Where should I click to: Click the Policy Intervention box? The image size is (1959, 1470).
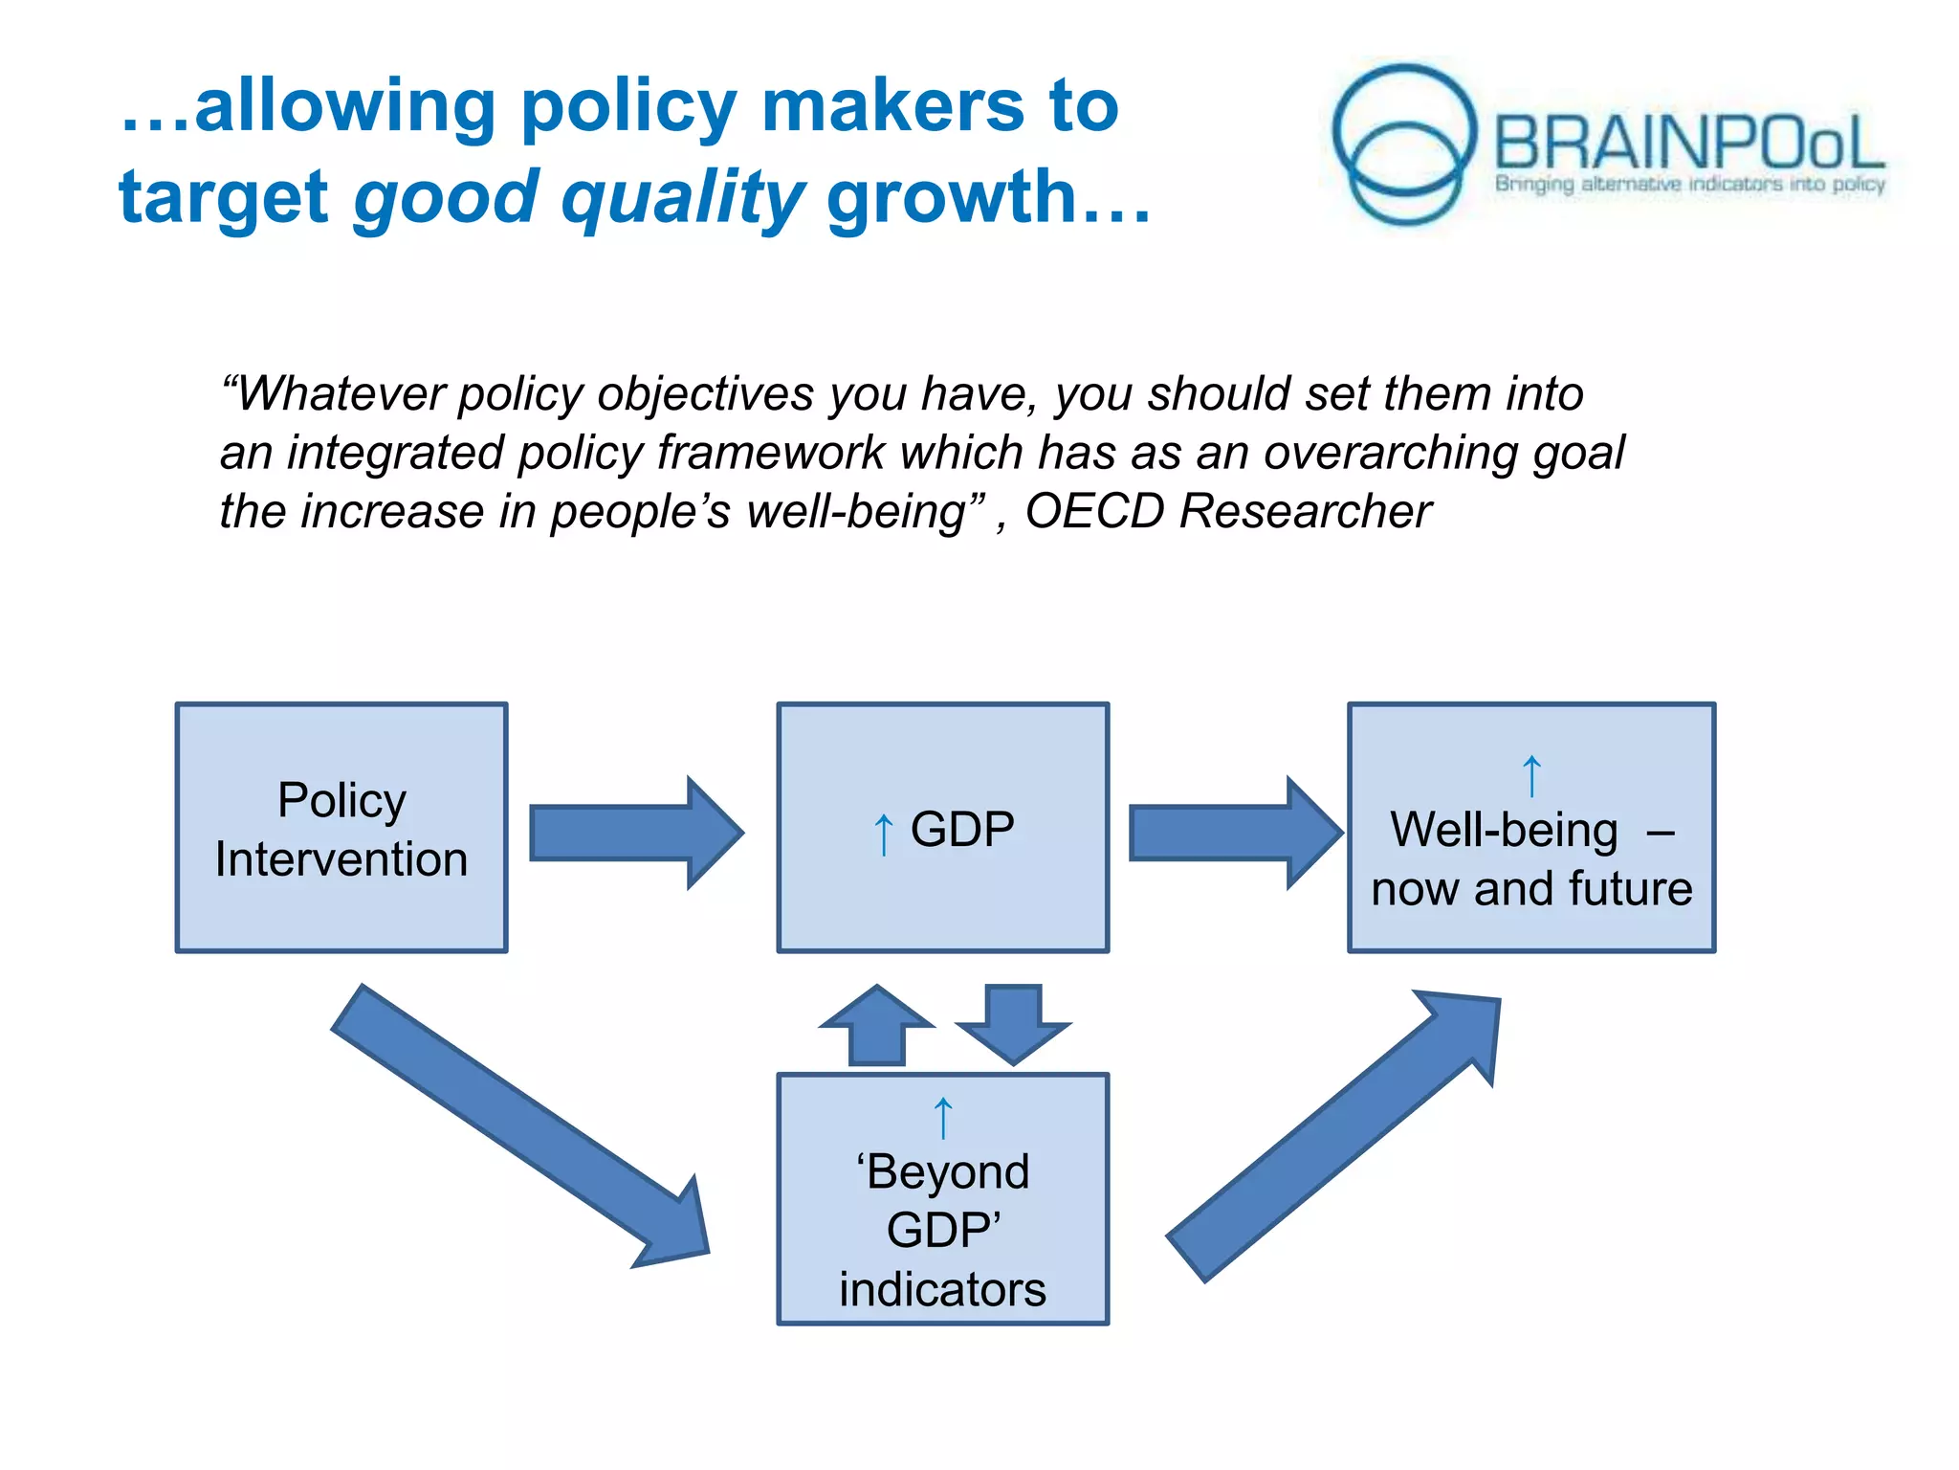point(341,828)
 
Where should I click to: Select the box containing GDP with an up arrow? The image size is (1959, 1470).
point(942,828)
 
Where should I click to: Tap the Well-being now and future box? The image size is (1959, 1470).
point(1530,828)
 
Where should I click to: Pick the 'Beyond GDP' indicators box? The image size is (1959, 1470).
point(942,1199)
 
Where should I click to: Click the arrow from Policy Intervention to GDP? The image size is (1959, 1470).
point(636,833)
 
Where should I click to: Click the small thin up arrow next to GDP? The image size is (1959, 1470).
point(884,834)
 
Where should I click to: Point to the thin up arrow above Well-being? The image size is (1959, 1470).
point(1531,775)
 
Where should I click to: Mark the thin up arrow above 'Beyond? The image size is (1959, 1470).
point(943,1117)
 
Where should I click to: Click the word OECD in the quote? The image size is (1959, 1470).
point(1094,511)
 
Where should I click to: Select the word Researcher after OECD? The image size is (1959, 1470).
point(1305,511)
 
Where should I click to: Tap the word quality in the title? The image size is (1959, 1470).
point(683,197)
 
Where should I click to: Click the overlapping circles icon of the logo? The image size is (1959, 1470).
point(1404,144)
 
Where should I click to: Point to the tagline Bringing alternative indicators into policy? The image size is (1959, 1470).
point(1689,184)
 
